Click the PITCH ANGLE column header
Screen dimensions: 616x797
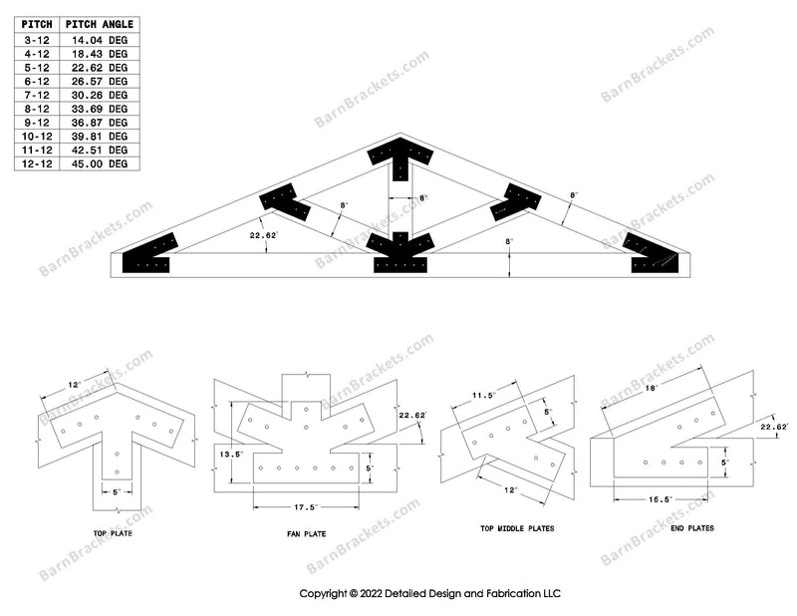tap(99, 24)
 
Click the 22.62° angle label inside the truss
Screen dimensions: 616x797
tap(236, 236)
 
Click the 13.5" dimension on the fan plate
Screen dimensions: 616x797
tap(230, 454)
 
